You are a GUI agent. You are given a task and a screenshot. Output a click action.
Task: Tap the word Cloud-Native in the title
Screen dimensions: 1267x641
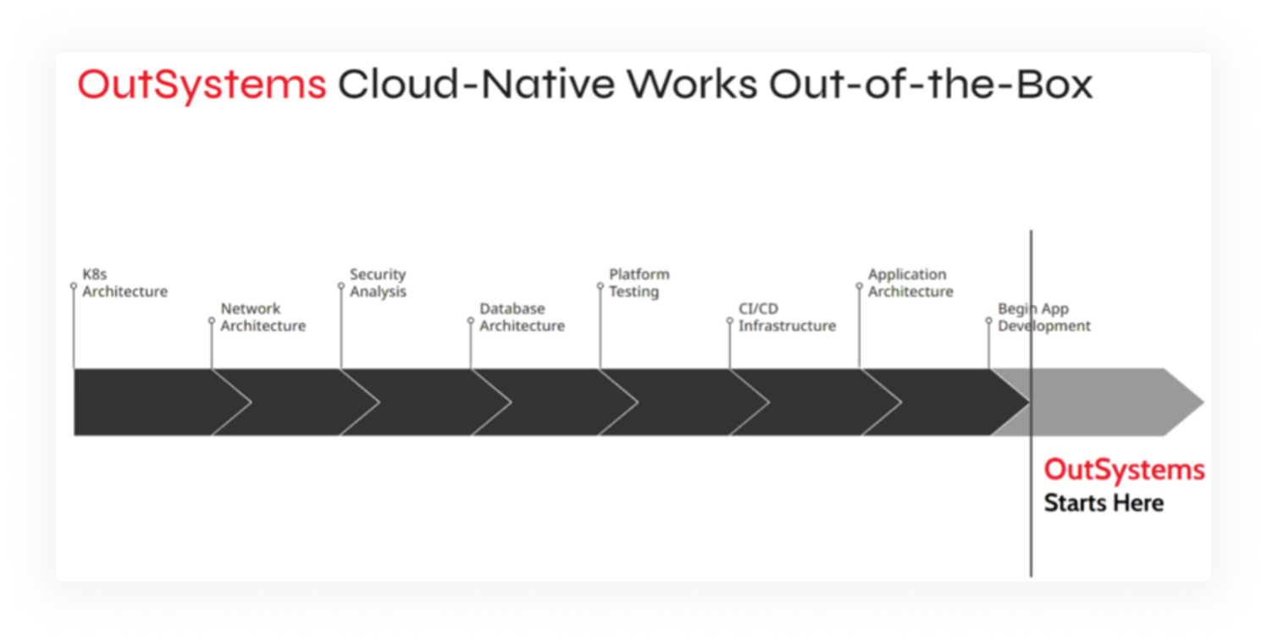click(x=476, y=85)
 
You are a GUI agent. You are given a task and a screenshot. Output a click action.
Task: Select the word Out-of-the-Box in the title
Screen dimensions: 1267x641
click(x=931, y=85)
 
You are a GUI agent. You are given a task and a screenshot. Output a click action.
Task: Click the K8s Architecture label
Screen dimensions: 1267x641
click(x=125, y=283)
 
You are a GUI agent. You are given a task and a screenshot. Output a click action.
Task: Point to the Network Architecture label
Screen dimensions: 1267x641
click(x=263, y=317)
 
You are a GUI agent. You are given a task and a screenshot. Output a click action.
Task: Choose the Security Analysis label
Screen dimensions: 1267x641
click(x=378, y=283)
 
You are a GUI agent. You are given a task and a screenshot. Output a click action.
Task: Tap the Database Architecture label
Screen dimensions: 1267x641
click(x=522, y=317)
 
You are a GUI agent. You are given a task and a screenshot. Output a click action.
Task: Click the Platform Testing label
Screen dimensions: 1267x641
click(x=639, y=283)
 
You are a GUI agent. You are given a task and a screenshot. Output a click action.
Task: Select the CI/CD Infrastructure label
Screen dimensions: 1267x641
click(x=787, y=317)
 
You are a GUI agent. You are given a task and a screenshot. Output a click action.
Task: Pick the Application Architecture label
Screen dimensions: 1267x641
click(x=910, y=283)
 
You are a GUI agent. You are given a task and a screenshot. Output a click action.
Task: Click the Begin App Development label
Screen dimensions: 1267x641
click(x=1044, y=317)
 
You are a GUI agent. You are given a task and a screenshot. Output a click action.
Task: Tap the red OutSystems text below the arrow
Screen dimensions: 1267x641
click(x=1125, y=470)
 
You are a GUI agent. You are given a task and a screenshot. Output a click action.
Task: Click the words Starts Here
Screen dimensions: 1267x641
click(x=1104, y=503)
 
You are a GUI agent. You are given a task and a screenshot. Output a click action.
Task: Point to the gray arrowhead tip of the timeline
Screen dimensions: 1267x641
click(x=1203, y=402)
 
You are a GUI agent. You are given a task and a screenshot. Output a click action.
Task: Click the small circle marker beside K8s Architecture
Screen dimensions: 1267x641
click(x=74, y=286)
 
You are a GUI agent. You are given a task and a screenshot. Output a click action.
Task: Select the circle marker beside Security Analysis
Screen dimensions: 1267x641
click(x=341, y=286)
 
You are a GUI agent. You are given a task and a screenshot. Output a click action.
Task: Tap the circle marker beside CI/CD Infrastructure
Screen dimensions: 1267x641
click(x=730, y=321)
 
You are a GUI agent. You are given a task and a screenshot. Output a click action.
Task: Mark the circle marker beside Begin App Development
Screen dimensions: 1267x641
click(x=988, y=321)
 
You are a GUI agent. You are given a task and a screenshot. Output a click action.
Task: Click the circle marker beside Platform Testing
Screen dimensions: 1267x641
click(x=600, y=286)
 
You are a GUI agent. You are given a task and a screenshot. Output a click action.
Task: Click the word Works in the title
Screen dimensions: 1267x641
click(x=692, y=85)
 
